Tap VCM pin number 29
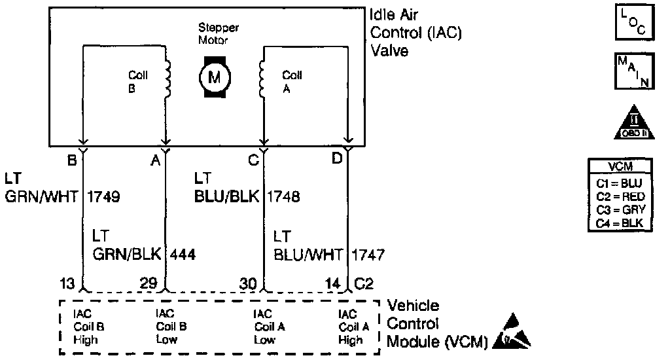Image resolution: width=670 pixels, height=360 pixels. coord(150,283)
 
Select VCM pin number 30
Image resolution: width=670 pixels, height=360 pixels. coord(249,283)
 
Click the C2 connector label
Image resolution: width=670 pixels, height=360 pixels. coord(365,283)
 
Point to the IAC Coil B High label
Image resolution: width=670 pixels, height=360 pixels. coord(86,327)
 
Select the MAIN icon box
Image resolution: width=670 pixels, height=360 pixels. coord(632,71)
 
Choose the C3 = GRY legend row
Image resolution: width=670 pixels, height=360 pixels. coord(621,209)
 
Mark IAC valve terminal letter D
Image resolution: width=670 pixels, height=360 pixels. coord(337,159)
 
